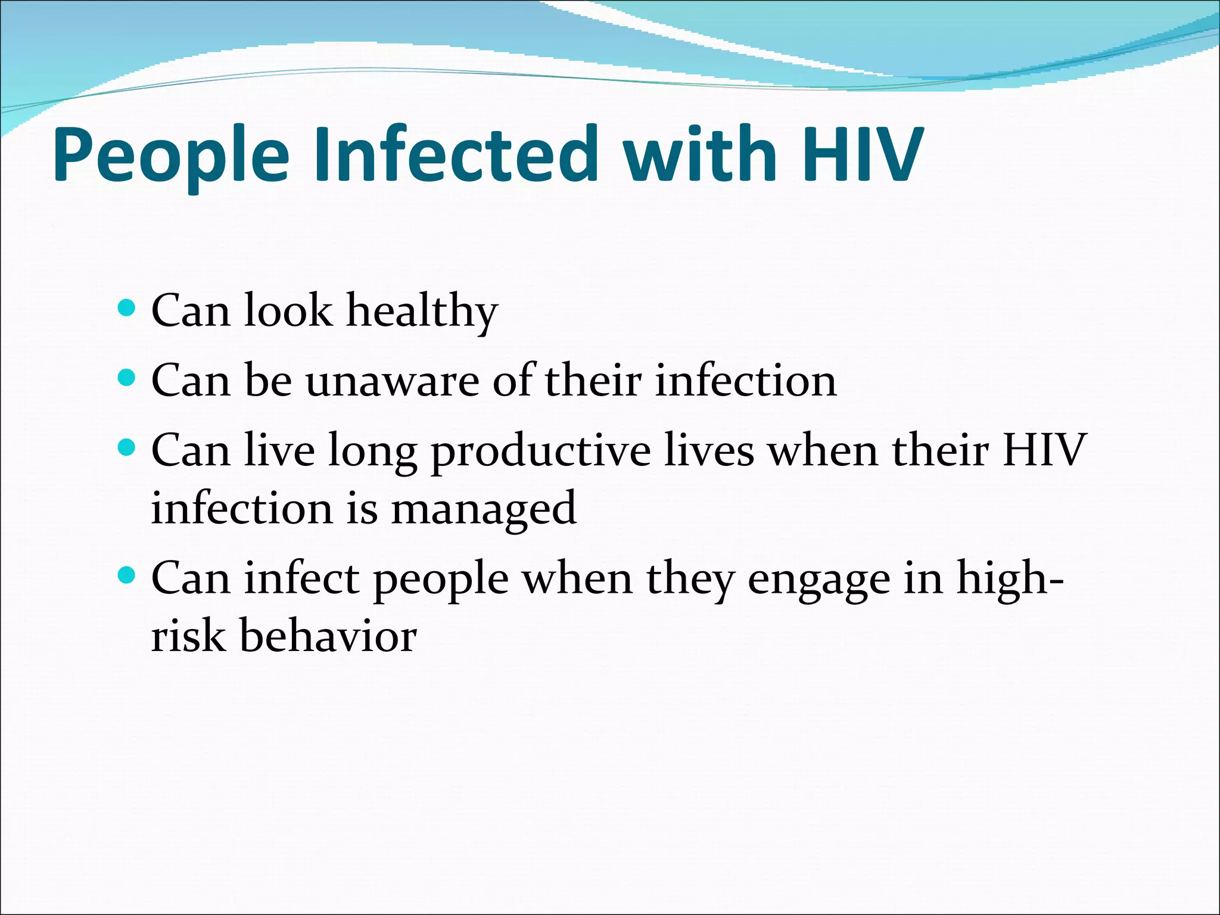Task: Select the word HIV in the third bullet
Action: (1045, 450)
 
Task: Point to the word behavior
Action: (328, 636)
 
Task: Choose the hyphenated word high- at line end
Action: (1010, 579)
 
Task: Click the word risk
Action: (188, 636)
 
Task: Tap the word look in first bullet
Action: (288, 311)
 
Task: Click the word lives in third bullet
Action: (709, 450)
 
